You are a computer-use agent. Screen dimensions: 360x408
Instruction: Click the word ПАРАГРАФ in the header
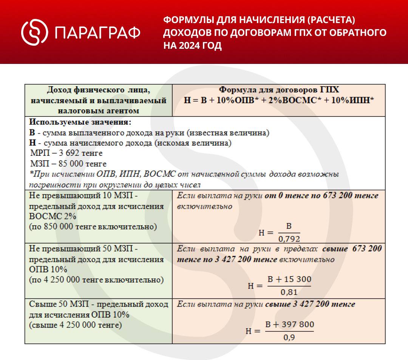click(98, 33)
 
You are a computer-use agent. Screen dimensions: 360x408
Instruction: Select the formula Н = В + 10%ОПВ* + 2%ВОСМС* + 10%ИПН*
click(279, 100)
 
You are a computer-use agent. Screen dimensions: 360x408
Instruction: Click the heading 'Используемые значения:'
click(80, 123)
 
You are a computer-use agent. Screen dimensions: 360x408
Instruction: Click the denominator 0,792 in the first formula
click(289, 239)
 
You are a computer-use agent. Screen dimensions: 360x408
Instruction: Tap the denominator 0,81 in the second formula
click(289, 292)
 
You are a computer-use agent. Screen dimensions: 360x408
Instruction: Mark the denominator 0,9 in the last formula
click(289, 337)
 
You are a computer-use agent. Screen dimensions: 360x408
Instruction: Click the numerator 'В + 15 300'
click(289, 279)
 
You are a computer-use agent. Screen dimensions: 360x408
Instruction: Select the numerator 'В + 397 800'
click(289, 325)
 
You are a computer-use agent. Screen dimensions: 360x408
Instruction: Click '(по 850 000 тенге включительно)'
click(93, 227)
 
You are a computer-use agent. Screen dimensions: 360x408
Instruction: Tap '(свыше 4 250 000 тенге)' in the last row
click(76, 325)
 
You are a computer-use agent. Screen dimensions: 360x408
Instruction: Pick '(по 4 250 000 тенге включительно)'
click(96, 280)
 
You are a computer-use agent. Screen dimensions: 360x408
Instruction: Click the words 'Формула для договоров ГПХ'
click(279, 90)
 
